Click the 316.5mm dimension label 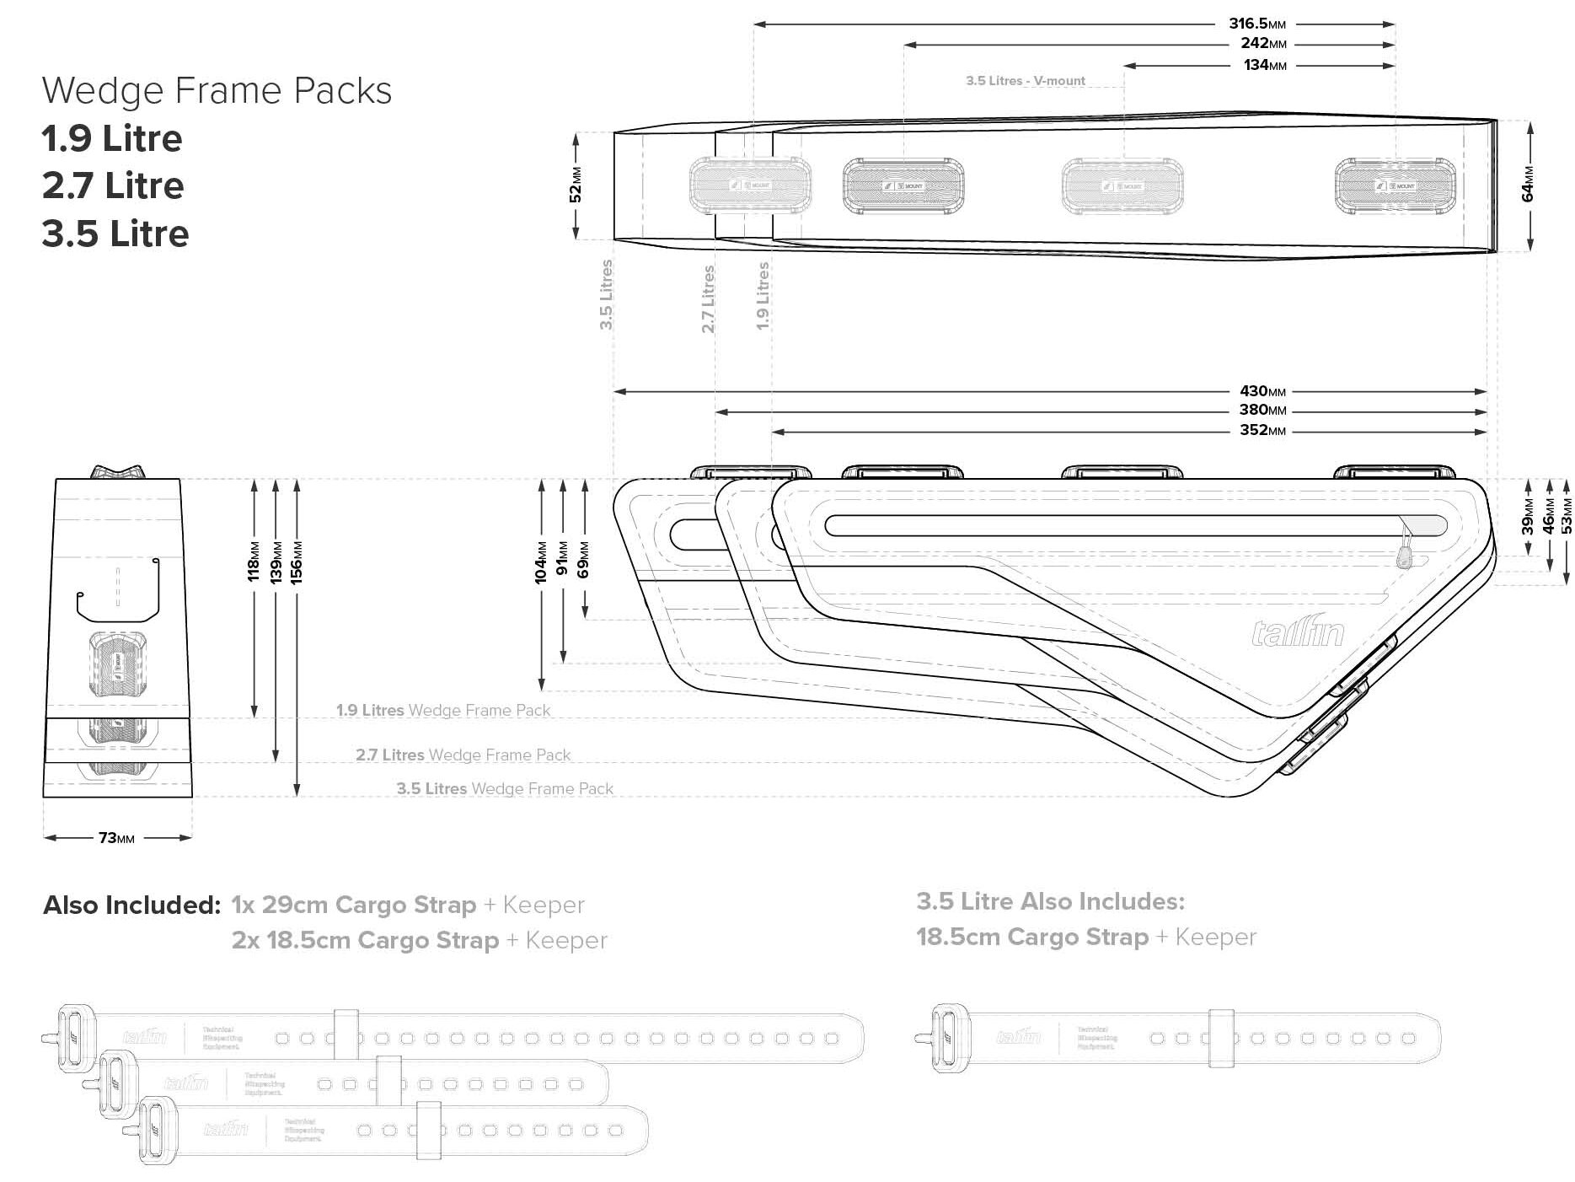point(1256,24)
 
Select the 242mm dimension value point(1262,43)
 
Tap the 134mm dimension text point(1264,65)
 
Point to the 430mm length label point(1262,391)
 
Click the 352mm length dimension point(1262,430)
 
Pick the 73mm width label point(116,838)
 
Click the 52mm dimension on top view point(576,185)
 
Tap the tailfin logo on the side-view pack point(1297,632)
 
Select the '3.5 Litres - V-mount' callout point(1025,81)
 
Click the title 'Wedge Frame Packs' point(217,90)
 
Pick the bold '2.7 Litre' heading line point(113,185)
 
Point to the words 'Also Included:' point(131,905)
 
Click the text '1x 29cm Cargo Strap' point(353,905)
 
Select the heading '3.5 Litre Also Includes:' point(1050,901)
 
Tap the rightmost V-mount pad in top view point(1394,185)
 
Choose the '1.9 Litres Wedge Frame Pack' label point(442,710)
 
